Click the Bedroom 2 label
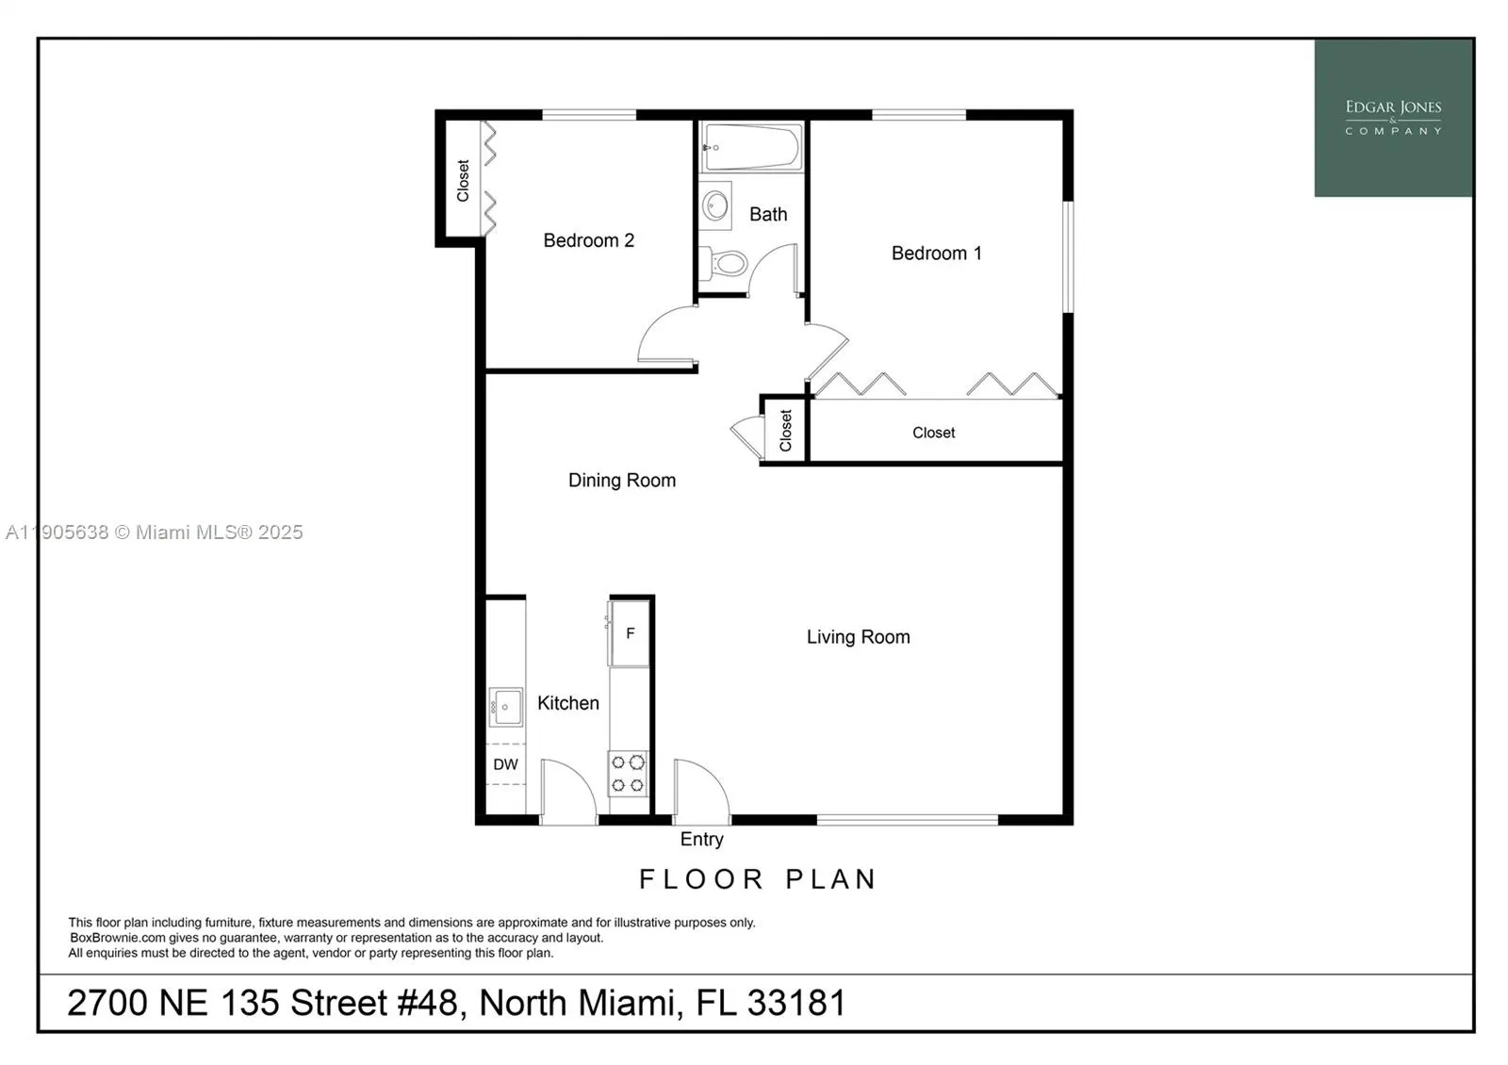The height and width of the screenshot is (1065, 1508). [588, 240]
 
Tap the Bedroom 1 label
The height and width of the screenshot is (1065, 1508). [936, 253]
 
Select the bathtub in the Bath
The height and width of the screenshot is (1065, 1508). [751, 147]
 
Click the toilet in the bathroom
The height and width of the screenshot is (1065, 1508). [727, 262]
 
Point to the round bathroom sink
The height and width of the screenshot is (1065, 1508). [716, 205]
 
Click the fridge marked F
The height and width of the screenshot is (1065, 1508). [630, 633]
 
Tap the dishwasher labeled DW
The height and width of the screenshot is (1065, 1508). [505, 764]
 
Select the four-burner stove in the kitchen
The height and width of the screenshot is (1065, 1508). [628, 773]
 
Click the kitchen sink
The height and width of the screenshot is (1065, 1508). [506, 707]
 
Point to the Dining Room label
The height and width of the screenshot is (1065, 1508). [621, 480]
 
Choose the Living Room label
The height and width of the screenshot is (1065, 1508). [858, 636]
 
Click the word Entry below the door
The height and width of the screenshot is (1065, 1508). [701, 839]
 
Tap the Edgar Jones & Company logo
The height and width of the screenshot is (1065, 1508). [1393, 118]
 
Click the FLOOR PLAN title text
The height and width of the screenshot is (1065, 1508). [758, 879]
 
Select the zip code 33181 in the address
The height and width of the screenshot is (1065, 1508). [796, 1003]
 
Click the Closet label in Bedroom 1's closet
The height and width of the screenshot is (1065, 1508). [933, 433]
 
